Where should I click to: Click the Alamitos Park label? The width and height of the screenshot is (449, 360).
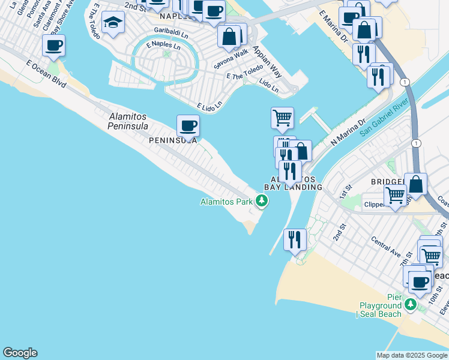coord(226,202)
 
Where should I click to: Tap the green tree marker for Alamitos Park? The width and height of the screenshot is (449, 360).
coord(261,200)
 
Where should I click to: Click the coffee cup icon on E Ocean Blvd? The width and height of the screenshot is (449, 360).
coord(53,45)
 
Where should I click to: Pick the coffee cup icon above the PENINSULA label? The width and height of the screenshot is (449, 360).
coord(188,125)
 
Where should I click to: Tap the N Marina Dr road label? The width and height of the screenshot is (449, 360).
coord(348,131)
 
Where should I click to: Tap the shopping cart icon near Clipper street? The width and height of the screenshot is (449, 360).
coord(395,195)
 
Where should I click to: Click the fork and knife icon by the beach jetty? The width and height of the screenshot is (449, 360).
coord(295,239)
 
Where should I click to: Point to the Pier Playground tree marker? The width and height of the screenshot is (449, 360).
coord(411,305)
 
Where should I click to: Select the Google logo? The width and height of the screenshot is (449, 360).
coord(20,353)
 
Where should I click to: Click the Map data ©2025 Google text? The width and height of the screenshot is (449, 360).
coord(411,355)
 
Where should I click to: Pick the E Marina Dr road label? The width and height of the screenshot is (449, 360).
coord(334,26)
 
